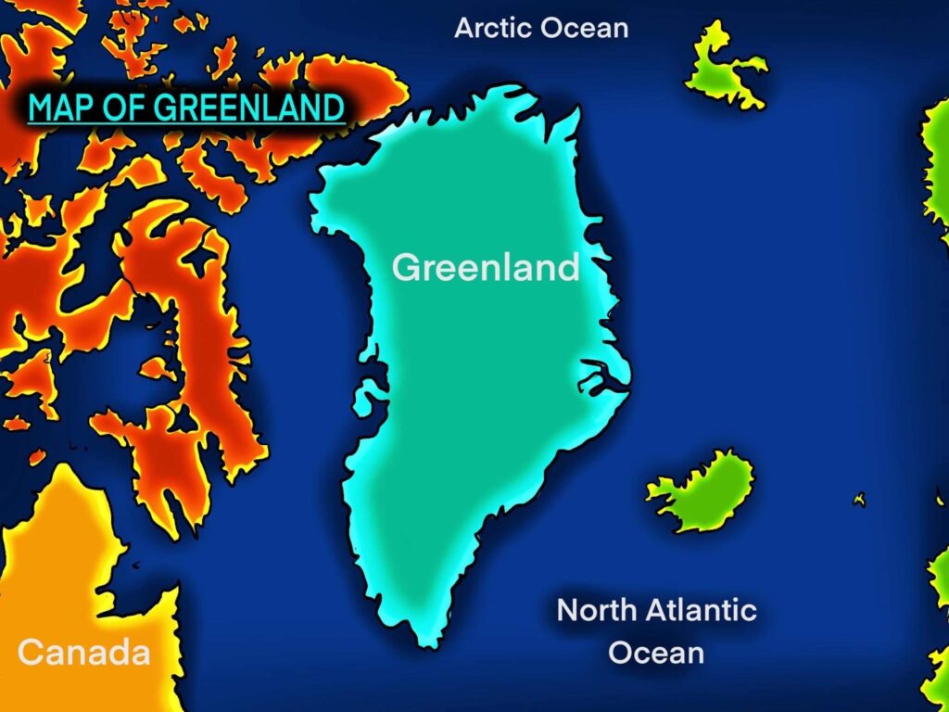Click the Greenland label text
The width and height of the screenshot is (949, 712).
point(485,268)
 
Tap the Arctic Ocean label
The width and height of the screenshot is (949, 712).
point(540,28)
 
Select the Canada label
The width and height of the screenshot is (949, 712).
point(83,652)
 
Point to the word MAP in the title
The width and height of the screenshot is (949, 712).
point(58,108)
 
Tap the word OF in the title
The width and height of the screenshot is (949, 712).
point(120,108)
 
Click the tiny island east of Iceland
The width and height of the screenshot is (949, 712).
point(860,499)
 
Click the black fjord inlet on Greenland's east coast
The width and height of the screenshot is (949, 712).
point(599,377)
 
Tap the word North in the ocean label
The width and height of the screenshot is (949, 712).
point(593,611)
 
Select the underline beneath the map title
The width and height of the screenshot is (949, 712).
point(185,124)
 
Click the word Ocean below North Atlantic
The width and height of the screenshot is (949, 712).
point(656,652)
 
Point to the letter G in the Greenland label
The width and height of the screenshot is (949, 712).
point(406,268)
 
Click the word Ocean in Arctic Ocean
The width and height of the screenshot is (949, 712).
point(584,28)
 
